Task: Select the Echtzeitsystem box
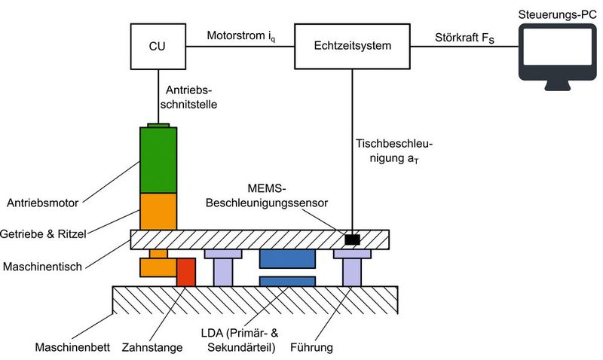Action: tap(353, 46)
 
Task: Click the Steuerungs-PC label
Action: tap(557, 11)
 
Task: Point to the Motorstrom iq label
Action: tap(240, 36)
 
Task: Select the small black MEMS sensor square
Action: tap(351, 239)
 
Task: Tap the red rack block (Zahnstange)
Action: tap(186, 272)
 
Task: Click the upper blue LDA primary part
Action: tap(286, 258)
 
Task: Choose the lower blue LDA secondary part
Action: tap(286, 281)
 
